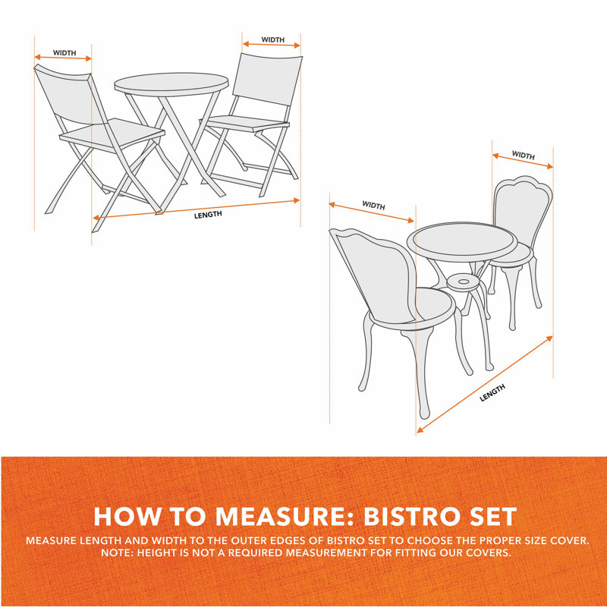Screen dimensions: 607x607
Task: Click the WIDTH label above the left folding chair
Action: (64, 53)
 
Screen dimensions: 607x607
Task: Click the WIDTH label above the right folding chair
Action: (272, 39)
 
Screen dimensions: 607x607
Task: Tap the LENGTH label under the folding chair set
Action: (207, 215)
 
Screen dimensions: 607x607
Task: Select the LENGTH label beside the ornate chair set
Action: (492, 392)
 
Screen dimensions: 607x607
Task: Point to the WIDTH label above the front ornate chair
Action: (373, 206)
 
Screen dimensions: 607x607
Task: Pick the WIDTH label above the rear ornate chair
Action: (523, 156)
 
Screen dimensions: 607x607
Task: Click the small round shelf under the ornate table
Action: (464, 281)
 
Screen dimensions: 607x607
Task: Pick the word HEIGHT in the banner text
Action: (166, 552)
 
